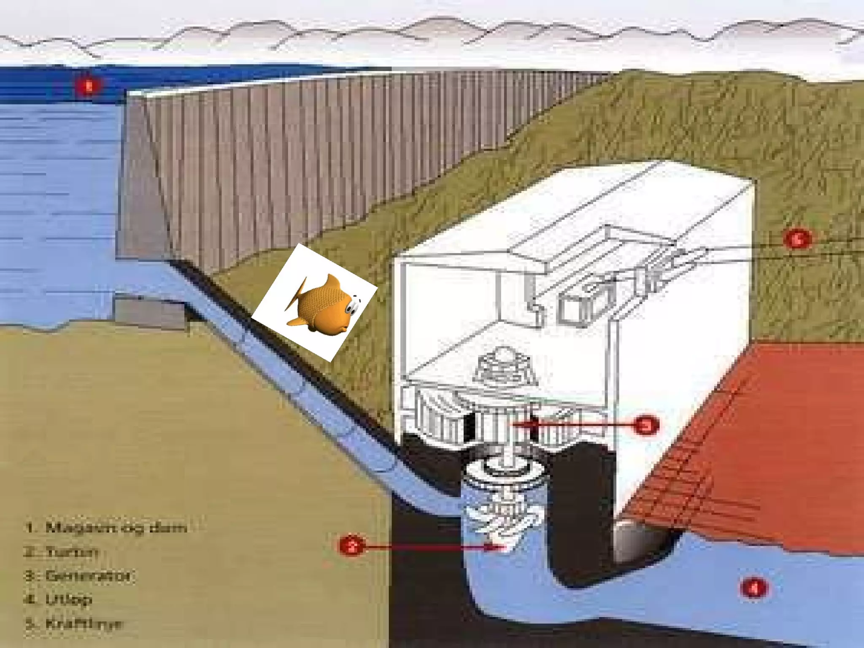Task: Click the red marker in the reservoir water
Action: pos(89,87)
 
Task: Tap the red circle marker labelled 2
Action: pos(351,546)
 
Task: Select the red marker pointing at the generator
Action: pos(646,425)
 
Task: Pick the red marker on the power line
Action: pos(797,239)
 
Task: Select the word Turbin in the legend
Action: pos(72,551)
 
